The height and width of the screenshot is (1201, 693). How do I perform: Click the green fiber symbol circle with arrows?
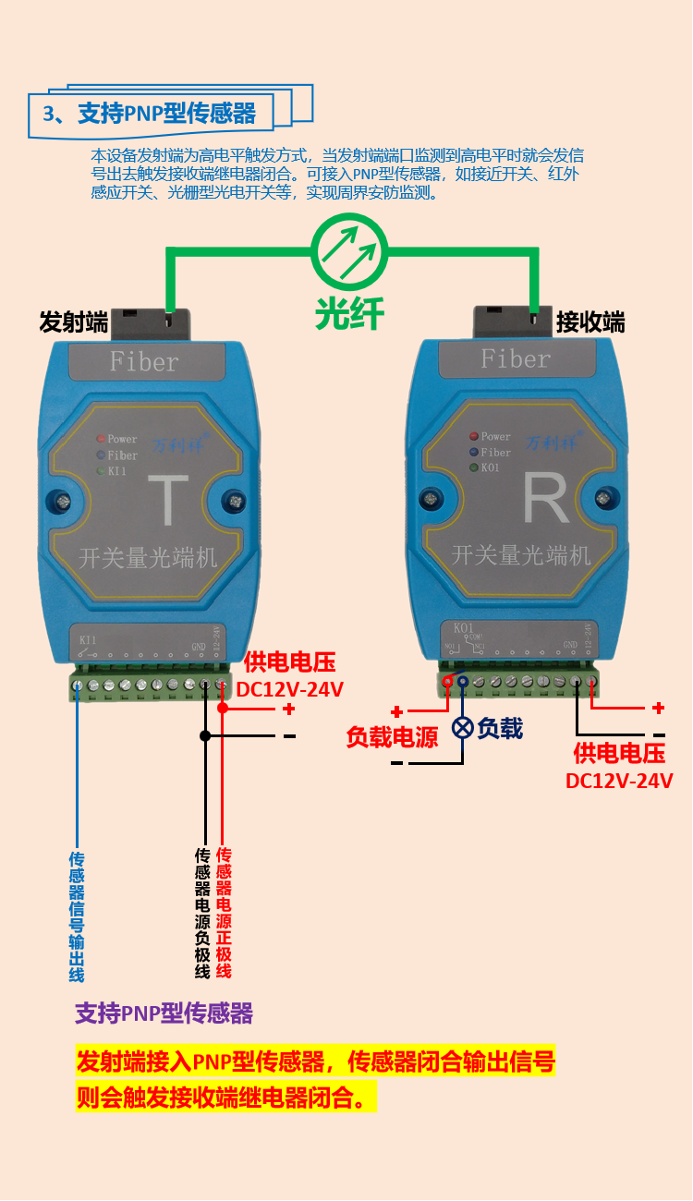348,249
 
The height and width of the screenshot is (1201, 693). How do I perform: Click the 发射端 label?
73,322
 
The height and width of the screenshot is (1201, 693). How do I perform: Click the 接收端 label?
590,322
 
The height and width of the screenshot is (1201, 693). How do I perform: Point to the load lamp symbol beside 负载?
462,728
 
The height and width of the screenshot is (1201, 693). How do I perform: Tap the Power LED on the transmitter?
102,439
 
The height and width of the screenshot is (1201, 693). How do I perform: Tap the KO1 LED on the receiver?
473,467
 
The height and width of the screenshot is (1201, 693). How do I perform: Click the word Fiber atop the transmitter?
143,361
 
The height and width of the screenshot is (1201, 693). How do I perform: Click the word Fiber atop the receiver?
516,358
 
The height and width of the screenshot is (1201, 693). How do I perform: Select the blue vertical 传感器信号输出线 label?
77,916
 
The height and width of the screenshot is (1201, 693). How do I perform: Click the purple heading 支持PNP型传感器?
164,1013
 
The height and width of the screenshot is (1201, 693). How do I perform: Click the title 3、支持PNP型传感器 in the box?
150,114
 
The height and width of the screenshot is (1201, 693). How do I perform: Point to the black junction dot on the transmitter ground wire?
205,735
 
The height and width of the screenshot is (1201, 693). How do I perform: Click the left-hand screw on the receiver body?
431,498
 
